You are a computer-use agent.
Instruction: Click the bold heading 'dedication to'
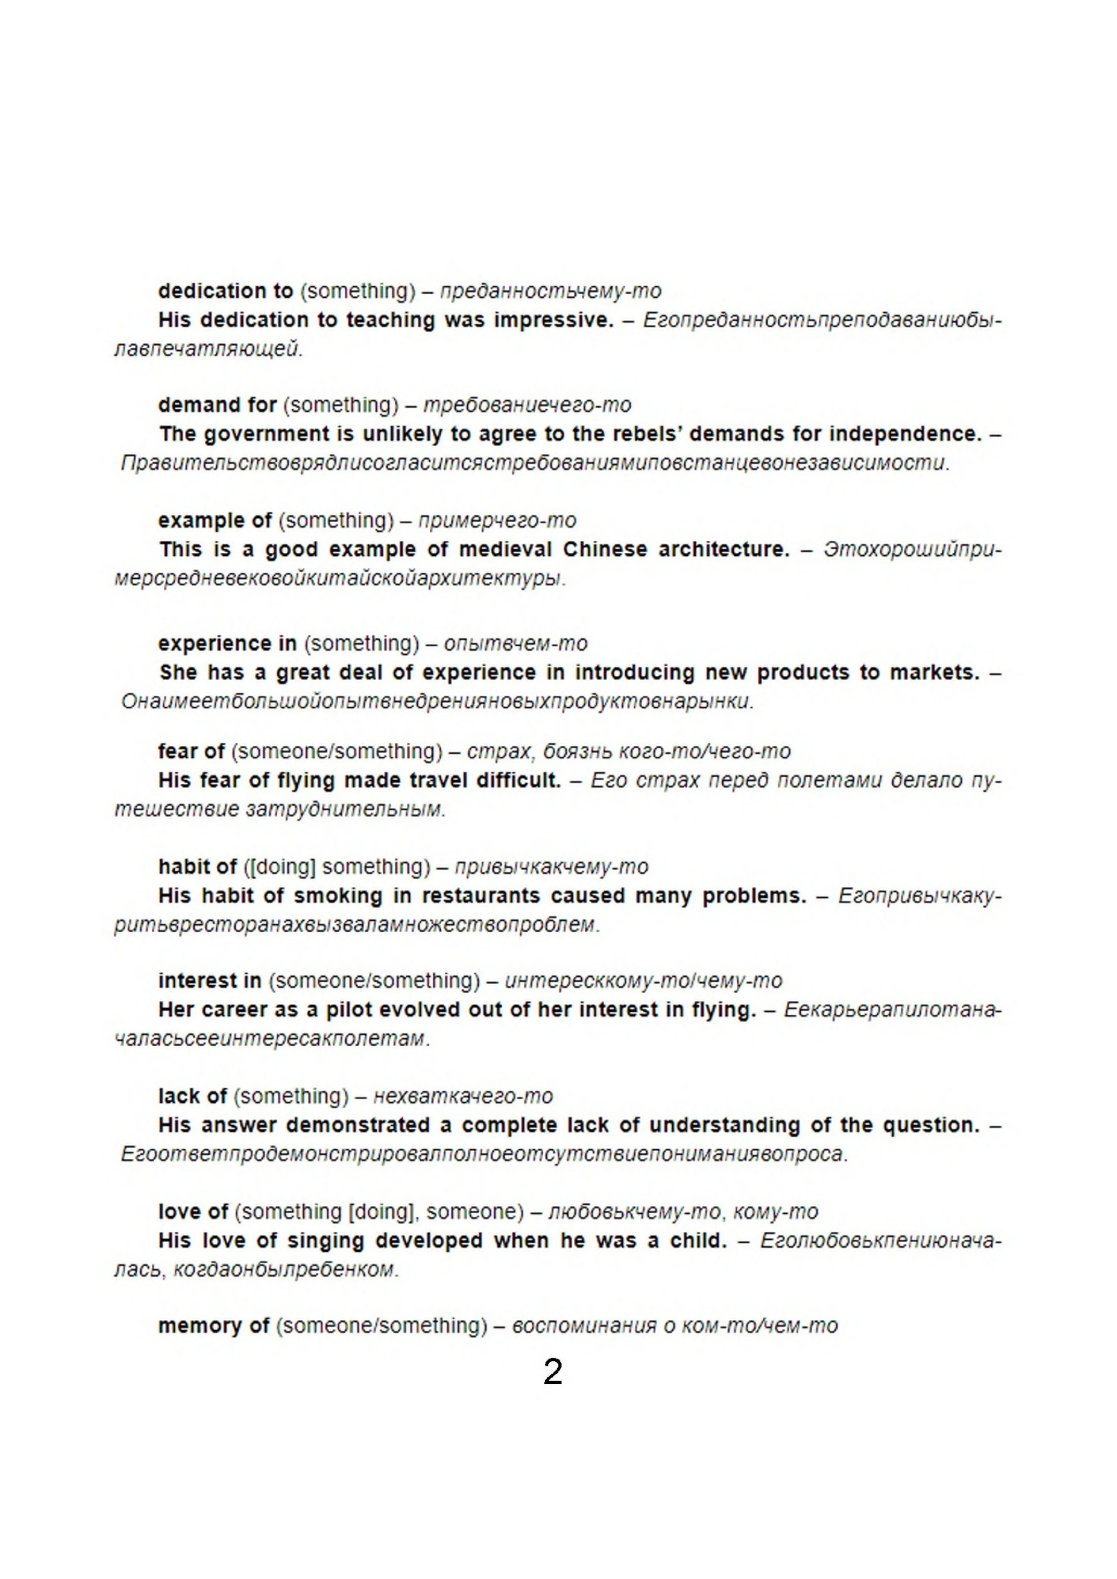point(226,291)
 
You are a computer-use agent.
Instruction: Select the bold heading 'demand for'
point(217,405)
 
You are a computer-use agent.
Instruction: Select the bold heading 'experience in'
point(227,644)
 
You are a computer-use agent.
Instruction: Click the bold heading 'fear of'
point(191,751)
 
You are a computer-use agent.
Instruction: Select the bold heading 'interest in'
point(210,981)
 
